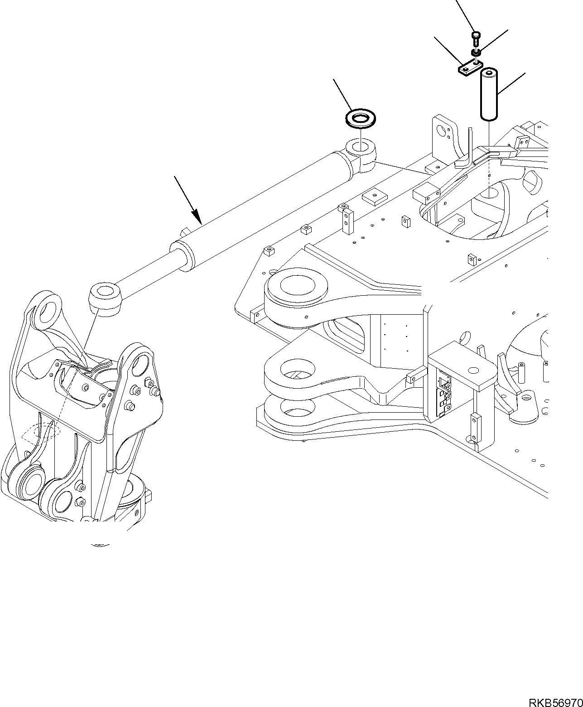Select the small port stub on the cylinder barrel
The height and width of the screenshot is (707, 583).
pos(184,232)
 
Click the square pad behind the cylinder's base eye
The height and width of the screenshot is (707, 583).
pos(374,196)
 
